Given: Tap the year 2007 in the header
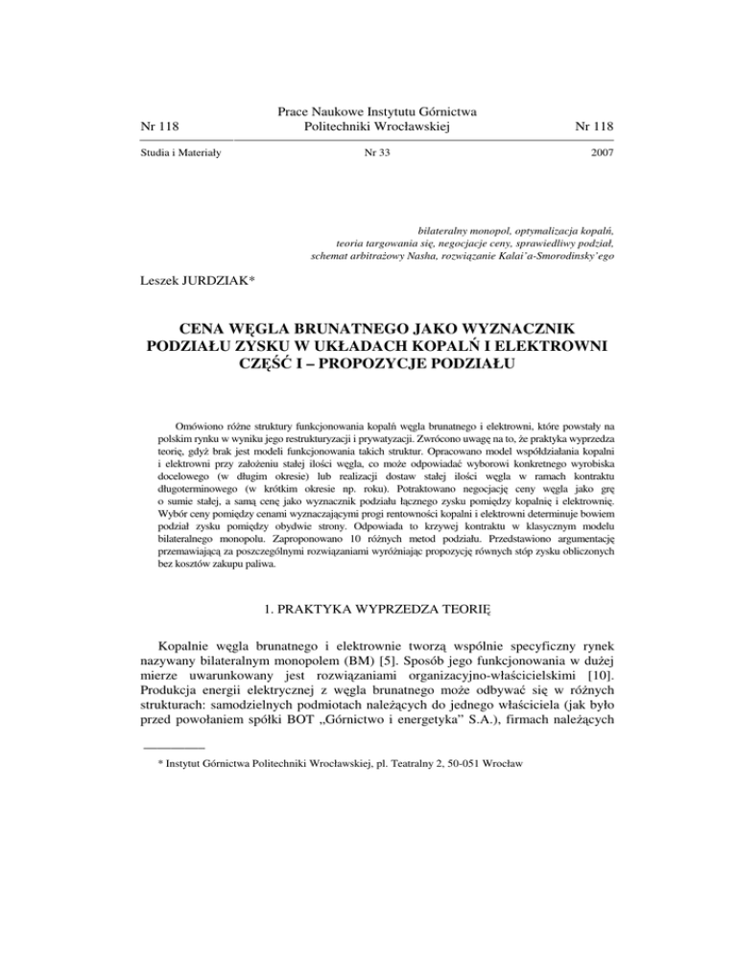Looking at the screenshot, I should tap(602, 152).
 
